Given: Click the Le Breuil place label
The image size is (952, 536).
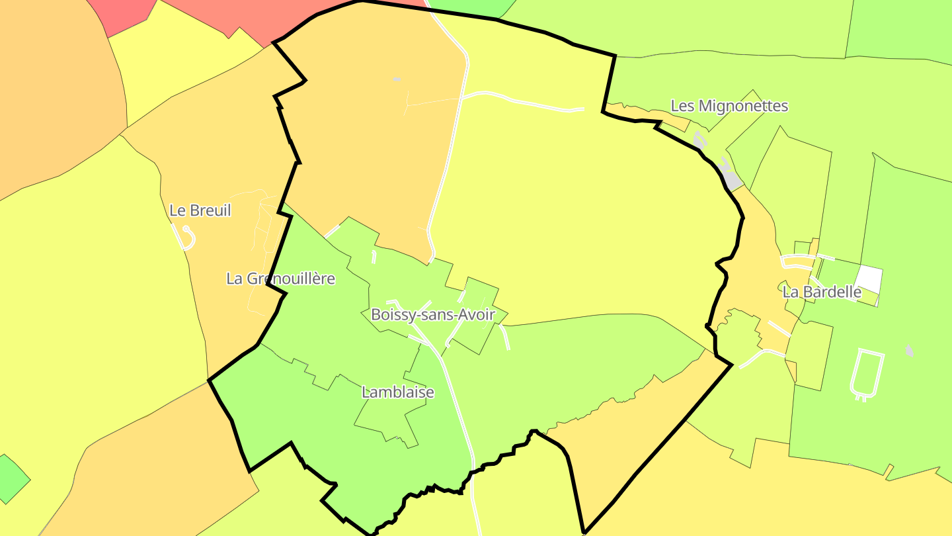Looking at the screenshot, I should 200,210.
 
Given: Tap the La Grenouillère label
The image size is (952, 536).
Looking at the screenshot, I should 280,279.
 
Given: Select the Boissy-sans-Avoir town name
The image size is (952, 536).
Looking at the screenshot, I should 432,314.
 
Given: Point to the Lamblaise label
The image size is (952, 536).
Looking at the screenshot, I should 397,392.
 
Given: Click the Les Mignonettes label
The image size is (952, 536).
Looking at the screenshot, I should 729,106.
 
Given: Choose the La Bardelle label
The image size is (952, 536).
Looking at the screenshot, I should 822,292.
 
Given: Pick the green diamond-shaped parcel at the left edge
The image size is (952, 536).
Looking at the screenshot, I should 11,478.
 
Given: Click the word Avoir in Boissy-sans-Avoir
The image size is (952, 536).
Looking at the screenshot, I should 476,314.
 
